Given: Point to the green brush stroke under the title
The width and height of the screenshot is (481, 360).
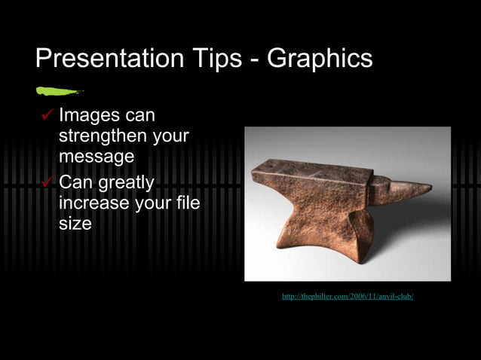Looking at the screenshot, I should click(59, 92).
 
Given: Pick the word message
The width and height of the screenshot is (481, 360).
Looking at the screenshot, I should click(97, 157).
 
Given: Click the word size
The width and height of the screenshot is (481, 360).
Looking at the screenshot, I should click(75, 224).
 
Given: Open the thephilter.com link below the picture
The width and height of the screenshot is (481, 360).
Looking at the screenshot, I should click(348, 297).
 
